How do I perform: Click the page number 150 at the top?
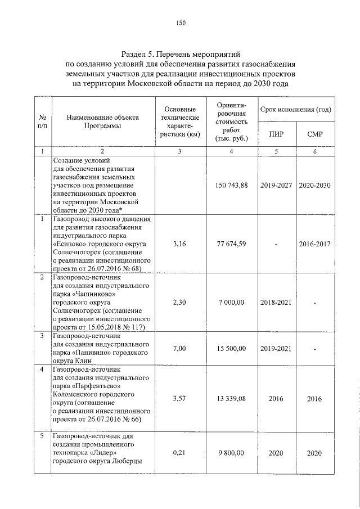(180, 23)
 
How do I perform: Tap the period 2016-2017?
(314, 244)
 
